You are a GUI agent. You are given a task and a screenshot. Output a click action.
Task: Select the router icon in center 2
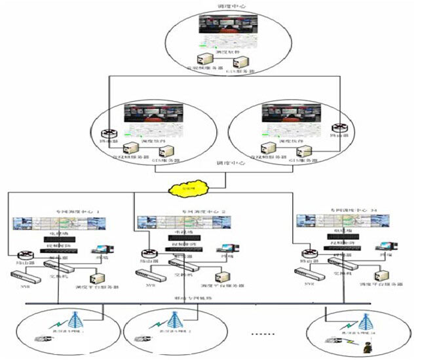(149, 253)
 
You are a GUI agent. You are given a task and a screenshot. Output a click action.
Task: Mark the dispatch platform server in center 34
(380, 275)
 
